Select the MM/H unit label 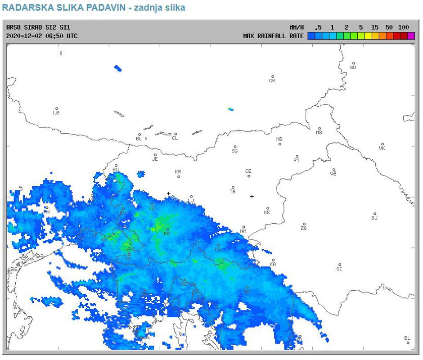[x=297, y=27]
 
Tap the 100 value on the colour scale [x=403, y=27]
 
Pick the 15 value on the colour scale [x=375, y=27]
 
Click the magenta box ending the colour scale [x=411, y=36]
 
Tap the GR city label [x=272, y=81]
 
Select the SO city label [x=353, y=67]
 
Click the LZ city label [x=56, y=112]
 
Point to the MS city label [x=319, y=132]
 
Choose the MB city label [x=279, y=139]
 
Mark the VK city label [x=382, y=148]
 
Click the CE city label [x=248, y=171]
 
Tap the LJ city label [x=191, y=201]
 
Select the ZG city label [x=304, y=228]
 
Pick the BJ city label [x=374, y=218]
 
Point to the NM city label [x=243, y=231]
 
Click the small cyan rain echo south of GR [x=231, y=109]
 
